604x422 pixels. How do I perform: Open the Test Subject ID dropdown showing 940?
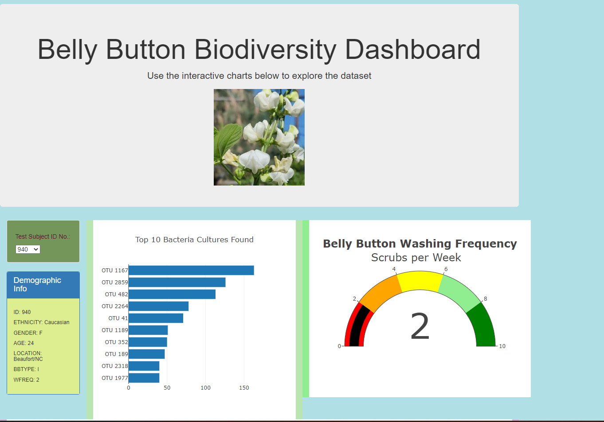28,249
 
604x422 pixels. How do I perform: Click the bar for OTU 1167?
191,270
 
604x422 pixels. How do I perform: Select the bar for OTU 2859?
177,282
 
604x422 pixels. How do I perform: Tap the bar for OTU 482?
172,294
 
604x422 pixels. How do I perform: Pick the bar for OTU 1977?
144,378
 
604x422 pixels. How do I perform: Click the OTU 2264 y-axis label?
114,306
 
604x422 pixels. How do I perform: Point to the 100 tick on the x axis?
205,388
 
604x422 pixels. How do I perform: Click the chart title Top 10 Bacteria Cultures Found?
194,240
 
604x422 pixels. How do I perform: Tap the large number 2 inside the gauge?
420,326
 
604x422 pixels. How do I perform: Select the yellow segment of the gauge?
420,281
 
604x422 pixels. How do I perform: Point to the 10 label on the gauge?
502,346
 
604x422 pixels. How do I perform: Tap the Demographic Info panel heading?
38,284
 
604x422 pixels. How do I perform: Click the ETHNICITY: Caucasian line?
41,322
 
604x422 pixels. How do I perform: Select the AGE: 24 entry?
24,343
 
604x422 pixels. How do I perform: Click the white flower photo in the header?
259,137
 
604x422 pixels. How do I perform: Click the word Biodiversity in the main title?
265,49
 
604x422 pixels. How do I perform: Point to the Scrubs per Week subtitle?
416,258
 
